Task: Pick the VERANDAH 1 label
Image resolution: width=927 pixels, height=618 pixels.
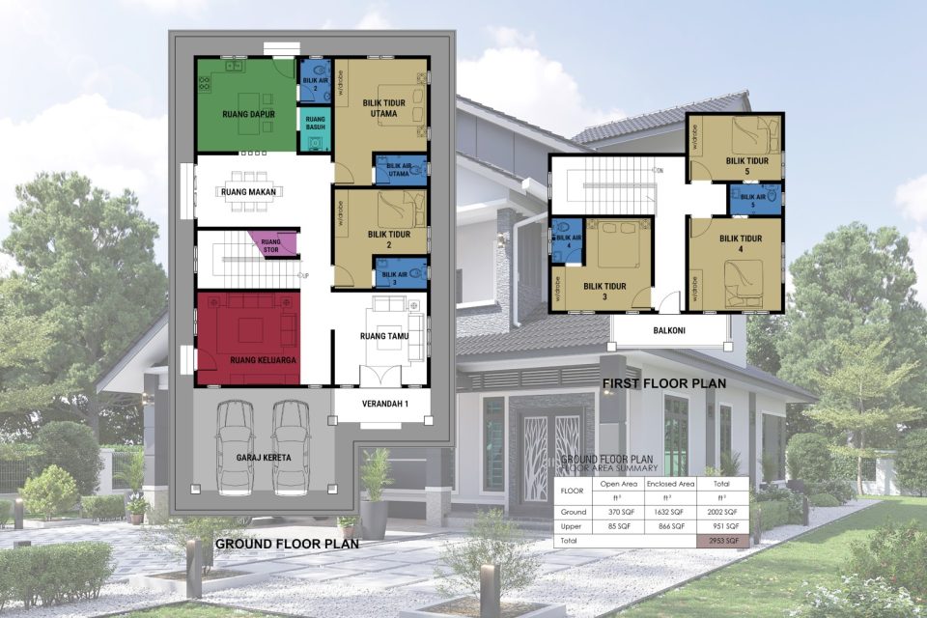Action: tap(381, 405)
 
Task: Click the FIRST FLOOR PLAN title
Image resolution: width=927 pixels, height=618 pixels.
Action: tap(664, 383)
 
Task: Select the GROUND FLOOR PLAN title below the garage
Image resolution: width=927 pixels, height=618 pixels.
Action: tap(287, 544)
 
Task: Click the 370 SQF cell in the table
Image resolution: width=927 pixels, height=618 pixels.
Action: tap(617, 511)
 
